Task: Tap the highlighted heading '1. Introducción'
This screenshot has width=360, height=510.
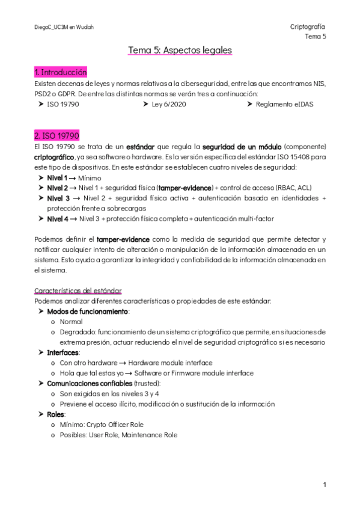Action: click(x=61, y=73)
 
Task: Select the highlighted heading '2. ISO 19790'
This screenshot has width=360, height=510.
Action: click(x=57, y=135)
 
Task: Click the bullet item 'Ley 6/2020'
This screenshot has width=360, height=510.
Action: click(x=169, y=104)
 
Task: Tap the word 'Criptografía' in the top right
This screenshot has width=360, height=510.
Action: click(x=308, y=27)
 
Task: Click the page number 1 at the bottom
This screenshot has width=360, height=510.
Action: click(x=324, y=484)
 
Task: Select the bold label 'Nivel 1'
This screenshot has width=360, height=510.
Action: click(x=57, y=179)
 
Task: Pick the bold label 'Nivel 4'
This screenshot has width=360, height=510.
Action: click(x=58, y=218)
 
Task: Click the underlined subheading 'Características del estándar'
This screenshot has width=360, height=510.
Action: click(x=78, y=290)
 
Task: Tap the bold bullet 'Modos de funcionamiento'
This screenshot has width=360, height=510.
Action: click(x=87, y=312)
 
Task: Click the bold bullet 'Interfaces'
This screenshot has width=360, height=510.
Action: click(x=63, y=352)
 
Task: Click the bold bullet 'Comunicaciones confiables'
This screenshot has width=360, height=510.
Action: click(x=89, y=383)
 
